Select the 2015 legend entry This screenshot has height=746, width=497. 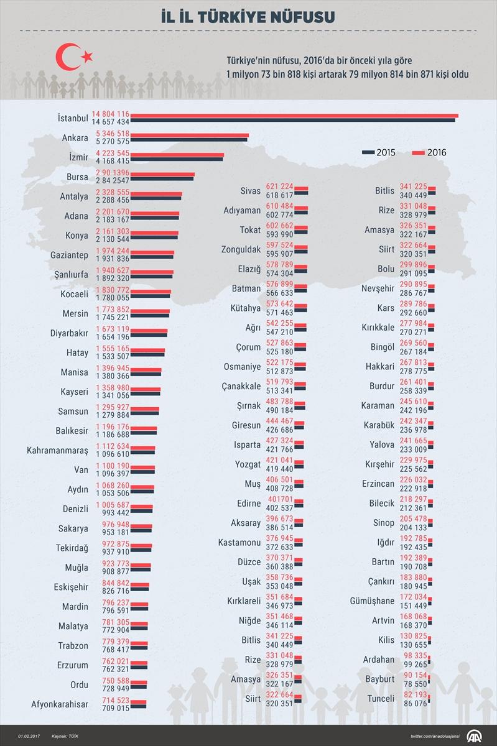tap(378, 152)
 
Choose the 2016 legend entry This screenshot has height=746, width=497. tap(429, 152)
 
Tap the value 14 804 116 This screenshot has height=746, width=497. tap(110, 114)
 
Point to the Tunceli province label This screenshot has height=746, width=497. tap(380, 698)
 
